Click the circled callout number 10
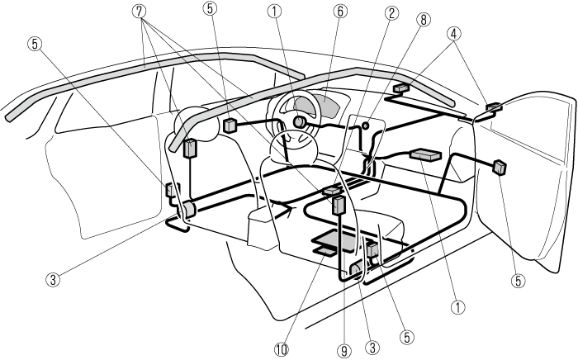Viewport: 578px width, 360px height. tap(283, 348)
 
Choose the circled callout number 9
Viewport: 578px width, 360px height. tap(344, 349)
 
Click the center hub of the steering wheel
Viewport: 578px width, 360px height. tap(298, 121)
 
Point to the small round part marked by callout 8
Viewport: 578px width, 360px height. tap(364, 126)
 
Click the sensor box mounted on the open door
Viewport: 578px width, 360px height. tap(499, 167)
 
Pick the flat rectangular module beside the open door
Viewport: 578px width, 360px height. tap(424, 154)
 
